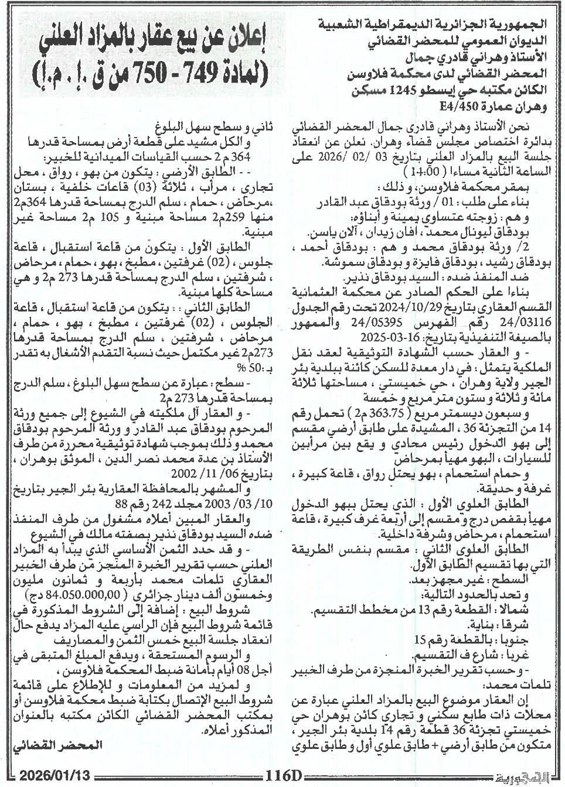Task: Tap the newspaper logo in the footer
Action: click(x=525, y=776)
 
